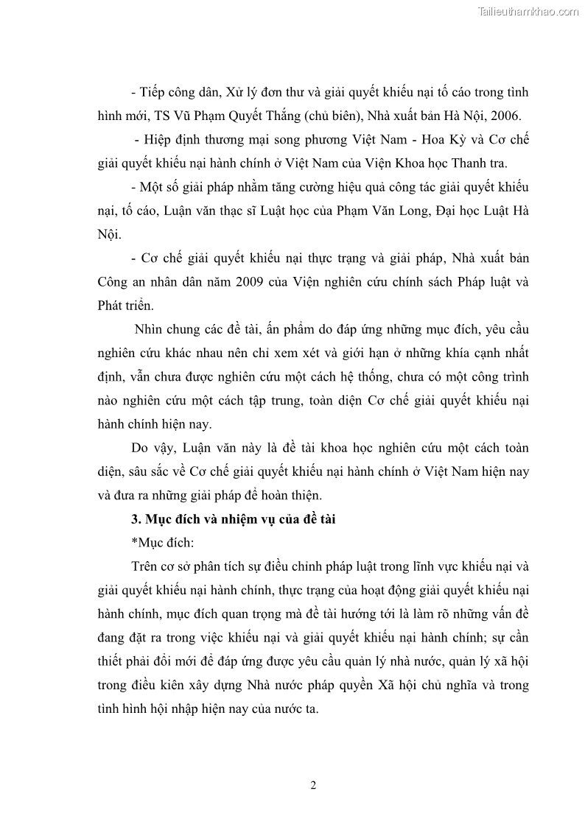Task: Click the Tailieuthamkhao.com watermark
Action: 528,11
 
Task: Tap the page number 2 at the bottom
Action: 313,785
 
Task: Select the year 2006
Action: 504,116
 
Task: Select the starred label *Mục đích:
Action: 161,543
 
